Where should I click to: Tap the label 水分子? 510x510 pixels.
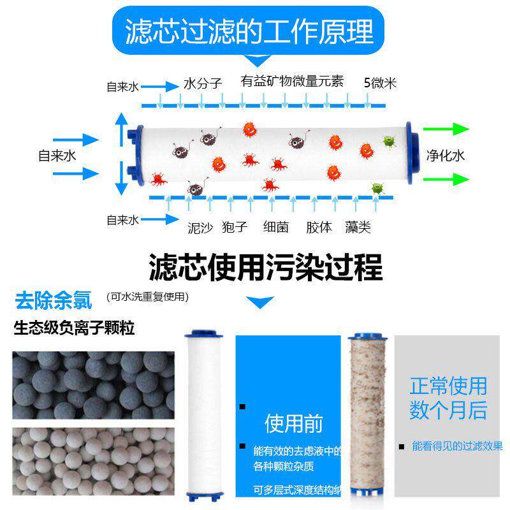tap(202, 83)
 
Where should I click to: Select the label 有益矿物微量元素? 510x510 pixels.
tap(292, 82)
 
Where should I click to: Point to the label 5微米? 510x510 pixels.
tap(380, 83)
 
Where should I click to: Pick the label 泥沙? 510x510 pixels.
tap(200, 228)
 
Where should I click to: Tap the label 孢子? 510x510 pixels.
tap(234, 228)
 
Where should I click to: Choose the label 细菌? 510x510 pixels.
tap(276, 228)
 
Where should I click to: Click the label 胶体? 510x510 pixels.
tap(319, 228)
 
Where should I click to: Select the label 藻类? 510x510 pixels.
tap(358, 228)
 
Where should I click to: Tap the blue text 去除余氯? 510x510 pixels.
tap(54, 298)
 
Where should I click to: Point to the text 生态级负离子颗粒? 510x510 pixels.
tap(75, 329)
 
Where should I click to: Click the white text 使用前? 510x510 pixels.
tap(294, 423)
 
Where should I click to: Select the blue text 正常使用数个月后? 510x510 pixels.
tap(448, 398)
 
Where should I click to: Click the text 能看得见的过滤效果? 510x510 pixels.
tap(456, 446)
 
